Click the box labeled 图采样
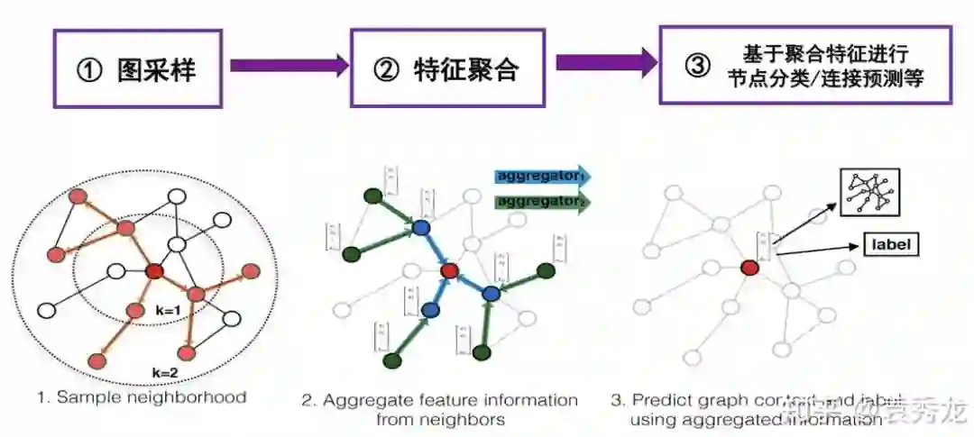[137, 69]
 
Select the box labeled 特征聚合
[448, 68]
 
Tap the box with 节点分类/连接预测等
[806, 65]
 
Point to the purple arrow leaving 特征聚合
[606, 62]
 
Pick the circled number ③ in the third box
[697, 66]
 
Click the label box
[891, 243]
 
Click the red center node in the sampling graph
[152, 271]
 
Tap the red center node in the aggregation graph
[449, 270]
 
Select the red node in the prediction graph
[749, 267]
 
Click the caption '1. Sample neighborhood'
[142, 396]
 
